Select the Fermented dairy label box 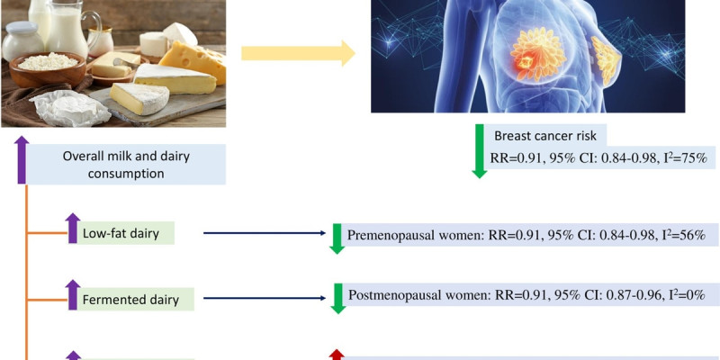pos(136,298)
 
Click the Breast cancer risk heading pos(549,136)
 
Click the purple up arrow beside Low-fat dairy pos(73,229)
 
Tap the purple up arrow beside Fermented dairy pos(73,294)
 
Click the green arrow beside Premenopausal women pos(337,237)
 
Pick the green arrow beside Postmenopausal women pos(337,298)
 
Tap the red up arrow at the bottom pos(337,355)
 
